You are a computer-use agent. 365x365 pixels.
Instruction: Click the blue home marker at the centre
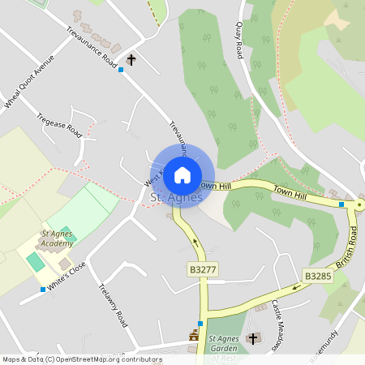pyautogui.click(x=182, y=174)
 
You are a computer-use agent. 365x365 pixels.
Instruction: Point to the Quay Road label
pyautogui.click(x=240, y=40)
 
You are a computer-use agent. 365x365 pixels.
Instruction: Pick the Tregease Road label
pyautogui.click(x=60, y=125)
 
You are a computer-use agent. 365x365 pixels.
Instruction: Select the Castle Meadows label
pyautogui.click(x=277, y=324)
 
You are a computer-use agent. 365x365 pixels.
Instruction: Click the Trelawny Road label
pyautogui.click(x=113, y=306)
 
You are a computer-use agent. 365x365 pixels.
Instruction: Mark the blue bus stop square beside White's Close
pyautogui.click(x=43, y=290)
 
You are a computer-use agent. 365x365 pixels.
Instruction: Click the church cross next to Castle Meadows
pyautogui.click(x=253, y=337)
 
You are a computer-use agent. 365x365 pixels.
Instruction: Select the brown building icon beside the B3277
pyautogui.click(x=194, y=334)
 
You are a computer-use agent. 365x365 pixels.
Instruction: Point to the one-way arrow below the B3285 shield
pyautogui.click(x=295, y=287)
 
